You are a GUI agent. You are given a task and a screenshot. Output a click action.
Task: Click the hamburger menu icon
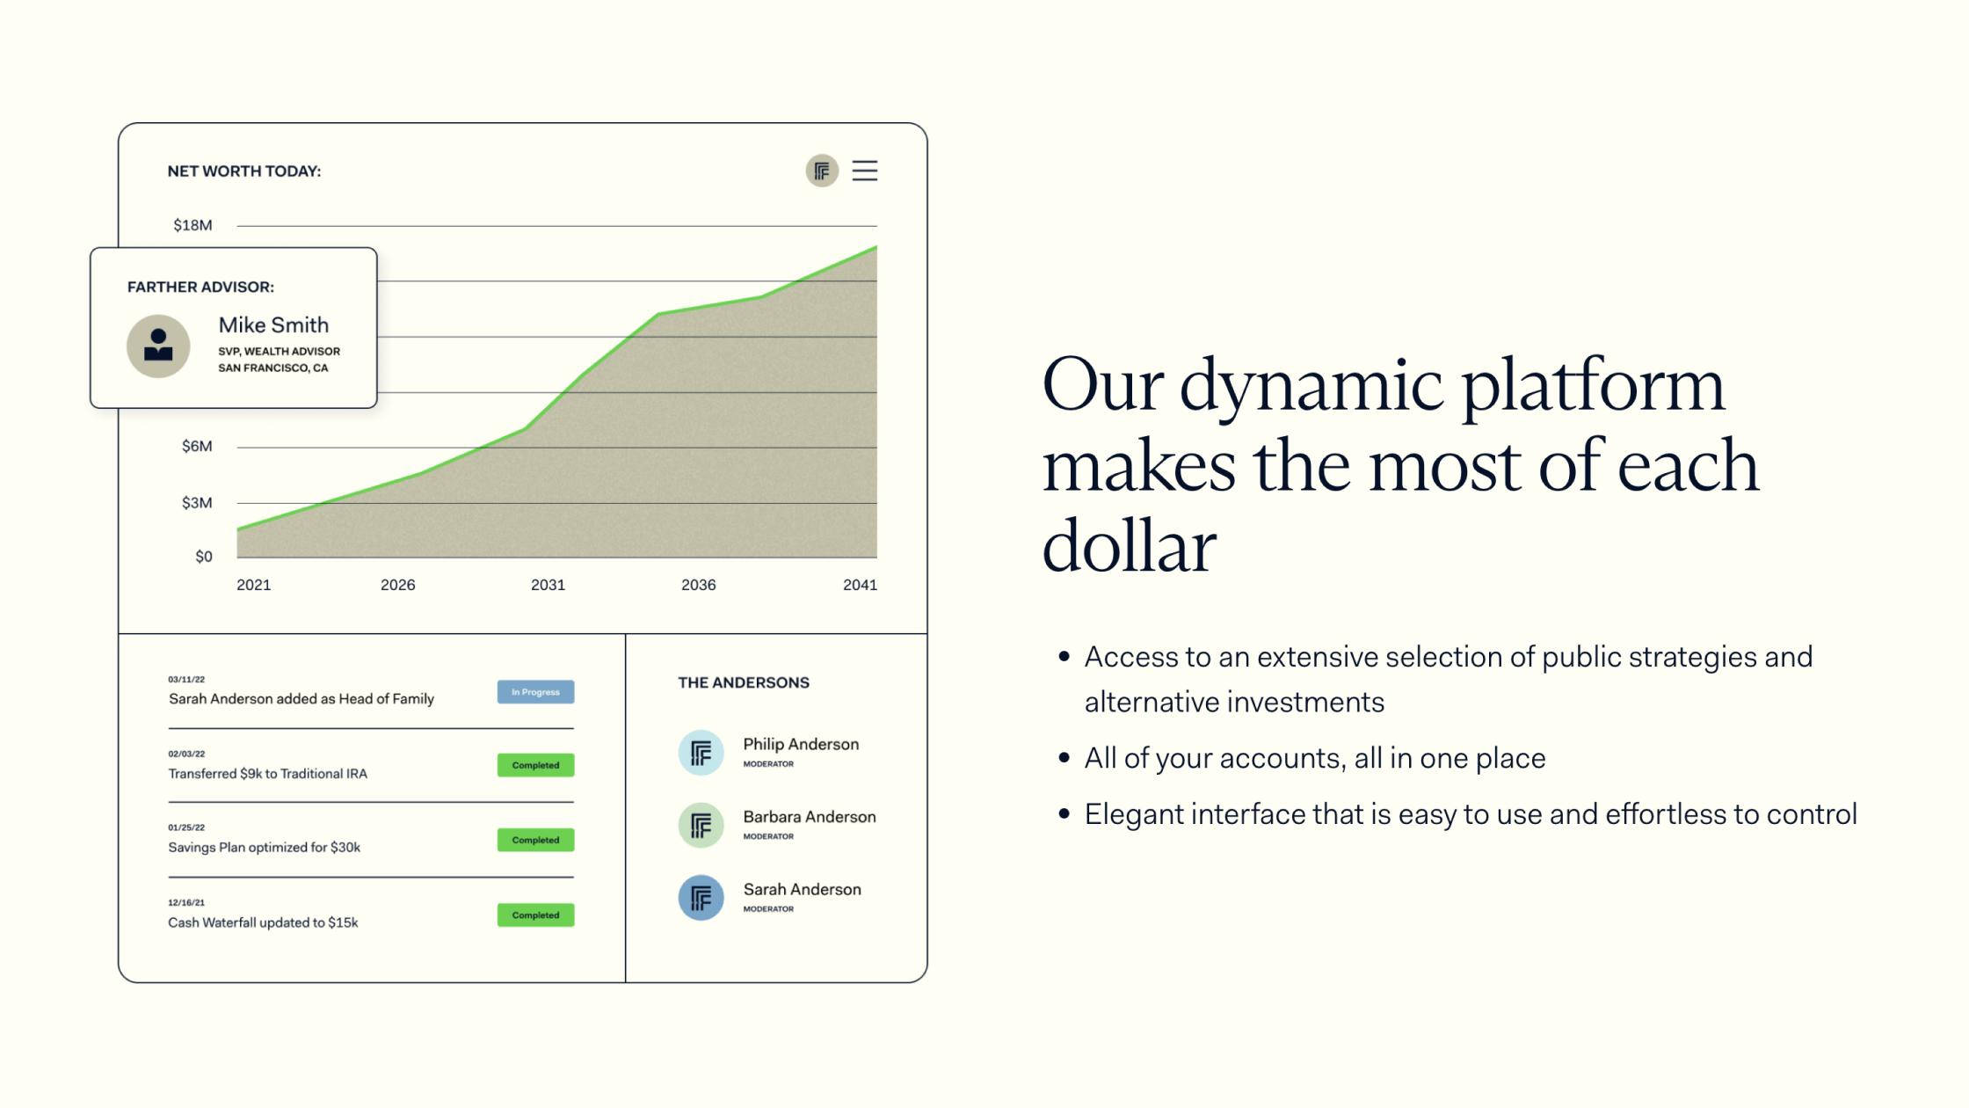865,171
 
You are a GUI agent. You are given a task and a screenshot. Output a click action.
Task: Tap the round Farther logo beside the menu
822,171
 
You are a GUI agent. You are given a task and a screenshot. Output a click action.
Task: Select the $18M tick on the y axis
193,225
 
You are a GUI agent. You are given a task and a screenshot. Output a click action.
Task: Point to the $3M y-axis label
197,503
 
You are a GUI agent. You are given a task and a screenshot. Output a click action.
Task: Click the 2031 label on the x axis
548,585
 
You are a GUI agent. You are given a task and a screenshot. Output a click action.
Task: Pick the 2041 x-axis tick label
860,585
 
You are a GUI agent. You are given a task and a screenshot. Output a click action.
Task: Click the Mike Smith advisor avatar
158,346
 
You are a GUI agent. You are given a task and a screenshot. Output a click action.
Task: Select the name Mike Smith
273,325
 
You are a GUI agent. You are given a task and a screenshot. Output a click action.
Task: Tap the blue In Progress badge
535,692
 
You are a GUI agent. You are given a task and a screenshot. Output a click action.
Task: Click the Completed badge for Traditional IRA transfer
535,765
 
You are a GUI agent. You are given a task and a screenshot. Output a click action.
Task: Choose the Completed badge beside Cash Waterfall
535,915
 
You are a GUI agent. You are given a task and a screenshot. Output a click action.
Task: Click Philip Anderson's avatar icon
701,753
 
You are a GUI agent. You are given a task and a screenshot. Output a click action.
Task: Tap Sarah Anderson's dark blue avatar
701,898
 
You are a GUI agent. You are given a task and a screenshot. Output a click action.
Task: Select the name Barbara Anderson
810,817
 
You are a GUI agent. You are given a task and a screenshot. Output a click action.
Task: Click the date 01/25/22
186,827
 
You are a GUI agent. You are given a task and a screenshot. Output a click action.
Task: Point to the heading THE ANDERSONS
744,682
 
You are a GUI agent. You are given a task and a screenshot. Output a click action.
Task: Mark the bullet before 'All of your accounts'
1064,758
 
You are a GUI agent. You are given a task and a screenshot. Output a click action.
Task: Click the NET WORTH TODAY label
244,171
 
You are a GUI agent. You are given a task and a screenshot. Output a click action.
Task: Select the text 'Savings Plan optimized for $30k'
264,848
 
